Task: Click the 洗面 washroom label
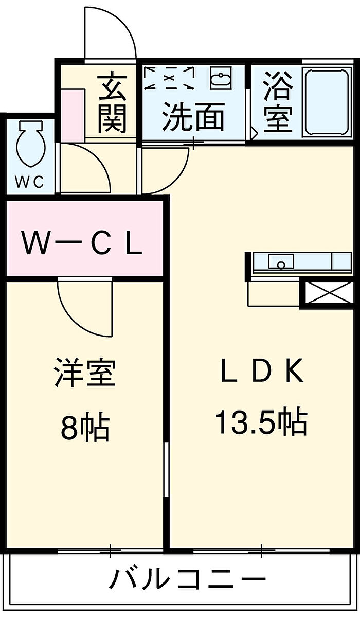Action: pos(193,117)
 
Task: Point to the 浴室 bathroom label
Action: pos(278,103)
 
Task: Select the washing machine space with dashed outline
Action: pos(169,78)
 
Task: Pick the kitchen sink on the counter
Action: pos(281,263)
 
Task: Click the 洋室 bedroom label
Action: pos(85,374)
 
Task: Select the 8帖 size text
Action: pos(85,427)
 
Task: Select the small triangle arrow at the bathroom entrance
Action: pos(254,133)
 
